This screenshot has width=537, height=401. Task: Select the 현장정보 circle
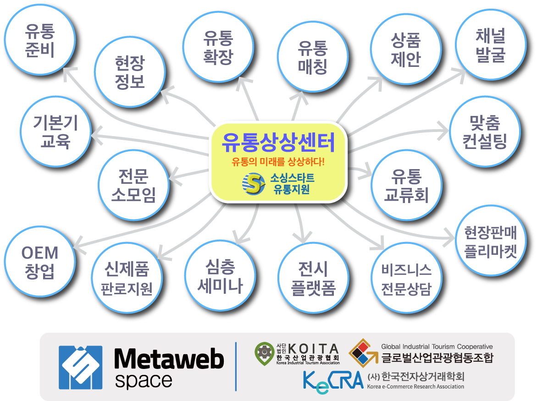pyautogui.click(x=130, y=72)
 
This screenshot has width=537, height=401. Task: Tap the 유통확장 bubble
pyautogui.click(x=218, y=48)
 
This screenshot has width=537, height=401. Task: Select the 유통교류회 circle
pyautogui.click(x=406, y=186)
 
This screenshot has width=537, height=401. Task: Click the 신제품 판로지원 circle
pyautogui.click(x=127, y=277)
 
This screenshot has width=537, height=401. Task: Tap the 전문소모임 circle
pyautogui.click(x=133, y=186)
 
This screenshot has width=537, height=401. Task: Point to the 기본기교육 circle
pyautogui.click(x=55, y=132)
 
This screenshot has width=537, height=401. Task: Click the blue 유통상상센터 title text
pyautogui.click(x=277, y=143)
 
